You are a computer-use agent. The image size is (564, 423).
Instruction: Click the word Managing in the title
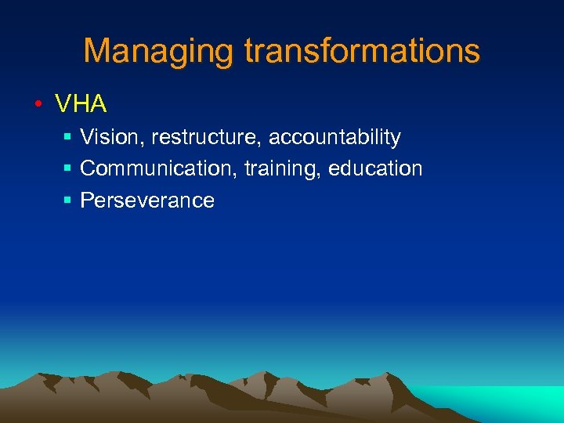(160, 52)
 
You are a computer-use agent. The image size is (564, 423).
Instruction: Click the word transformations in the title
(362, 51)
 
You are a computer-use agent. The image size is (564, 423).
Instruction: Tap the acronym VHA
(81, 103)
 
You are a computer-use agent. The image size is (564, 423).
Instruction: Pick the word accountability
(334, 138)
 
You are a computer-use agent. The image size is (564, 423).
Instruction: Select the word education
(375, 168)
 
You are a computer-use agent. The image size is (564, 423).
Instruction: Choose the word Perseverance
(147, 201)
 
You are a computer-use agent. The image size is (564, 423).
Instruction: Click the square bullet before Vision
(67, 138)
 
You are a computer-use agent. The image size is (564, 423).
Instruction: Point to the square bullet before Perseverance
(67, 201)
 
